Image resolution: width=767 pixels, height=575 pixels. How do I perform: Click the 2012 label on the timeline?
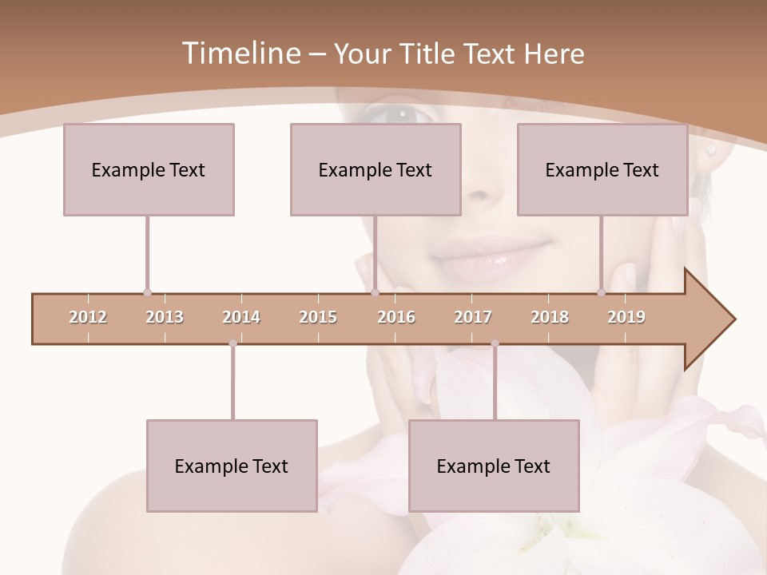tap(88, 317)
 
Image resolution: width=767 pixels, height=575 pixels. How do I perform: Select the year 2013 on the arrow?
tap(165, 317)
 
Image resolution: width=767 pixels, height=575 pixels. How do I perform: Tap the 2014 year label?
tap(241, 317)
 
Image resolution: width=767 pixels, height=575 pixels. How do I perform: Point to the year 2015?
tap(318, 317)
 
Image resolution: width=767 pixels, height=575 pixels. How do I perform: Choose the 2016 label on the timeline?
tap(396, 317)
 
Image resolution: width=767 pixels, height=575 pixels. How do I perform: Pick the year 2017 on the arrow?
tap(473, 317)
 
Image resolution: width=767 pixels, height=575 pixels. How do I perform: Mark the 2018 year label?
tap(550, 317)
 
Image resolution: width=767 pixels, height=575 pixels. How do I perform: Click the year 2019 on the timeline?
tap(626, 317)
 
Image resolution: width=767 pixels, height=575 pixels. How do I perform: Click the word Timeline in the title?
tap(239, 54)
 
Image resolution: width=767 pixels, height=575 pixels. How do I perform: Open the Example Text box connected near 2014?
tap(232, 466)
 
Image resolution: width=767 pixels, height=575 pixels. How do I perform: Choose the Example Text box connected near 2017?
tap(494, 466)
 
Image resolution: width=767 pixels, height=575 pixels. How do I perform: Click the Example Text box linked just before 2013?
tap(149, 169)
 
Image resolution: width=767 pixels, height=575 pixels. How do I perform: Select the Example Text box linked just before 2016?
tap(376, 169)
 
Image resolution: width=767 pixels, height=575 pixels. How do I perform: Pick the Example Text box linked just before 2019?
tap(602, 169)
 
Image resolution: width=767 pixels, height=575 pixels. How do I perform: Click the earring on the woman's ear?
tap(709, 149)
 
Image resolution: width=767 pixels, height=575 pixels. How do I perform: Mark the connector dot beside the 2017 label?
tap(495, 343)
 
